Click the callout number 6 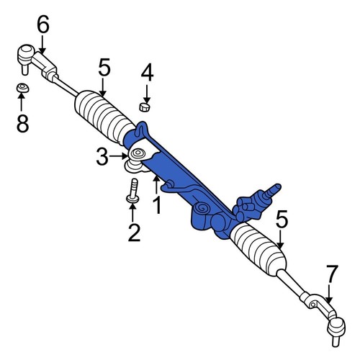coord(43,24)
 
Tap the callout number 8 coord(23,123)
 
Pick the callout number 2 coord(133,232)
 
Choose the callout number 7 coord(331,274)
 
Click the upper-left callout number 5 coord(104,68)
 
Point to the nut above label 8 coord(23,89)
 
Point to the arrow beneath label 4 coord(146,91)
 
